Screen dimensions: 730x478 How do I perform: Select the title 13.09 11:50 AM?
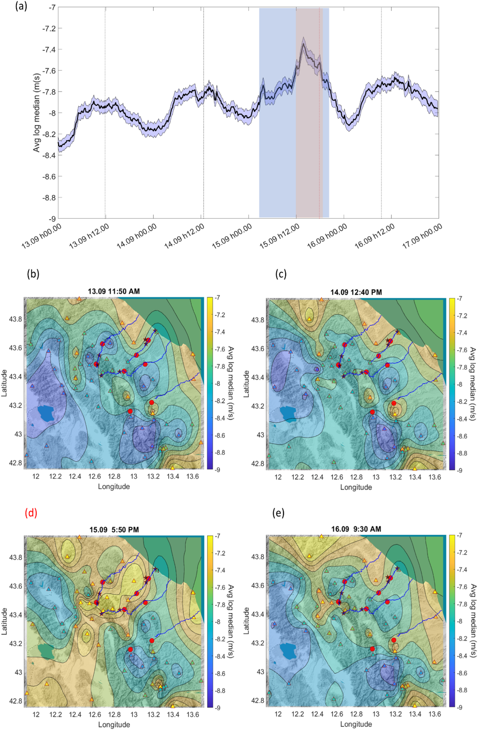[114, 291]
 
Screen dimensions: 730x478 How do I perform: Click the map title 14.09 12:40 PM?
[356, 292]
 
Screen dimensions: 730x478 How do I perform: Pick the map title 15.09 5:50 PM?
[114, 529]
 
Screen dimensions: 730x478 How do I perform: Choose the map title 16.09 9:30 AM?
[356, 529]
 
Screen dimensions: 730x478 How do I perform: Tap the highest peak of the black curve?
[303, 44]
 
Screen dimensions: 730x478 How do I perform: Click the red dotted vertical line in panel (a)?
[319, 123]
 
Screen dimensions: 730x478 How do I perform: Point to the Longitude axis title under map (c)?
[356, 487]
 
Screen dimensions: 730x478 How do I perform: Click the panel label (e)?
[278, 513]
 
